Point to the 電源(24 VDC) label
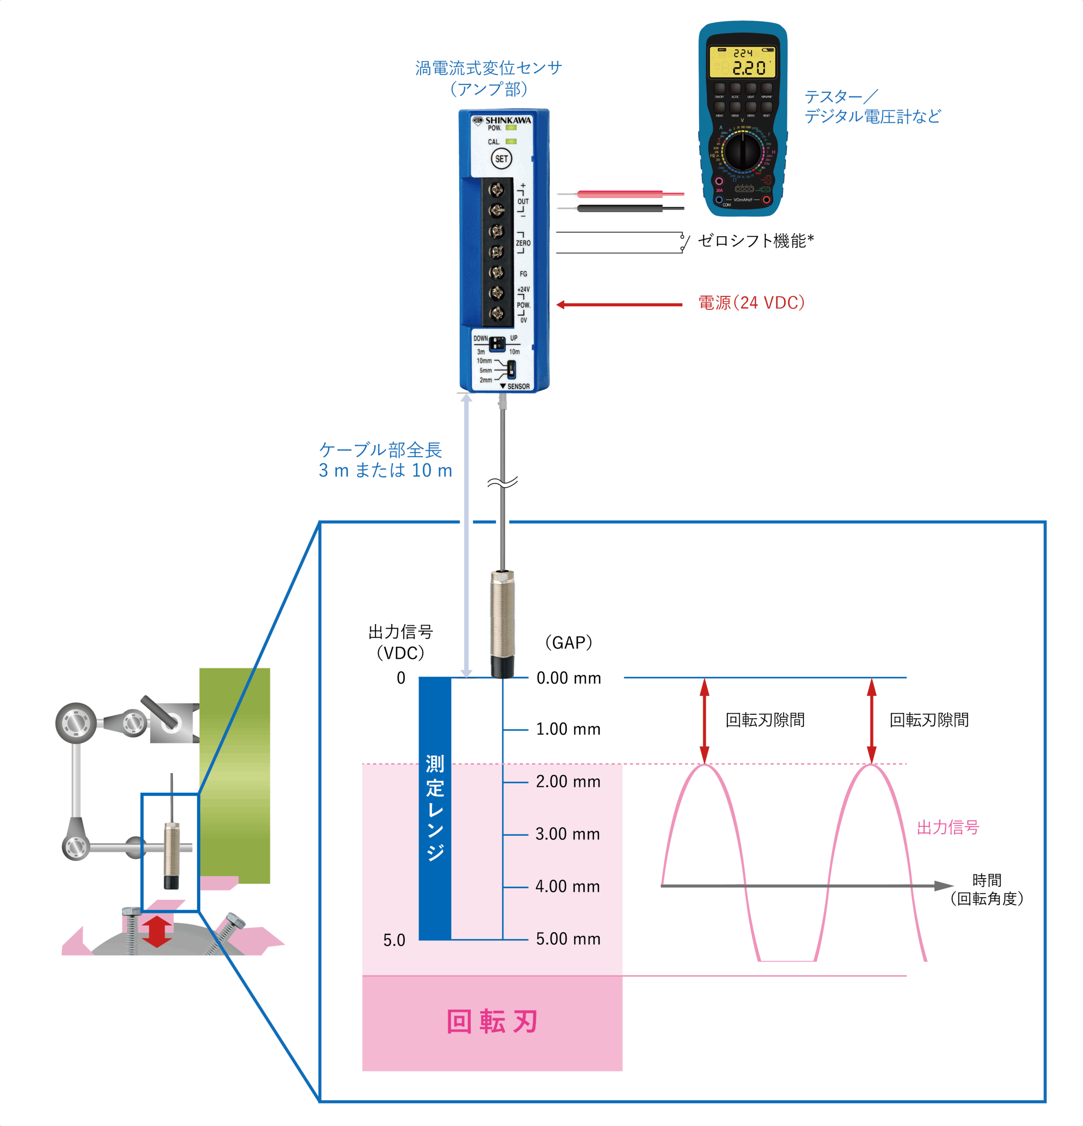click(751, 303)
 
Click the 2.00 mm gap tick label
click(568, 781)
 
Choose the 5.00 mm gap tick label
click(568, 939)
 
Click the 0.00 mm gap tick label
click(568, 678)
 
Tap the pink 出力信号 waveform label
click(947, 827)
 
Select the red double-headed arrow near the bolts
click(157, 931)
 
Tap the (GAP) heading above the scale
click(568, 642)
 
